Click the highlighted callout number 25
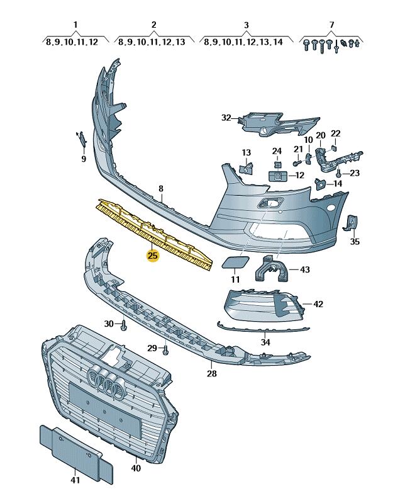coord(152,256)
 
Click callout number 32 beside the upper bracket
coord(226,118)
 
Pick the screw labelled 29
coord(165,350)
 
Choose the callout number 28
coord(211,373)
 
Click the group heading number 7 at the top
coord(331,25)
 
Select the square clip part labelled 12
coord(277,176)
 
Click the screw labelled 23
coord(340,172)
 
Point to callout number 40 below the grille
coord(136,468)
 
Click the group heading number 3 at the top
coord(246,25)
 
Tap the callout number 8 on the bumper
coord(160,188)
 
